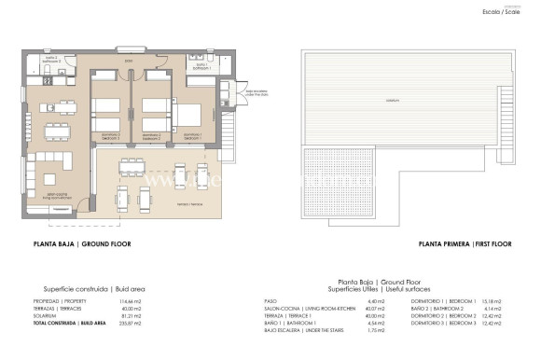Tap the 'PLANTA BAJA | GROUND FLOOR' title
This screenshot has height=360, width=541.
tap(81, 243)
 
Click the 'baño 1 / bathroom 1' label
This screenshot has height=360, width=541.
tap(201, 66)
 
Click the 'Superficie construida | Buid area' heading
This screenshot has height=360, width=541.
tap(94, 288)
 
